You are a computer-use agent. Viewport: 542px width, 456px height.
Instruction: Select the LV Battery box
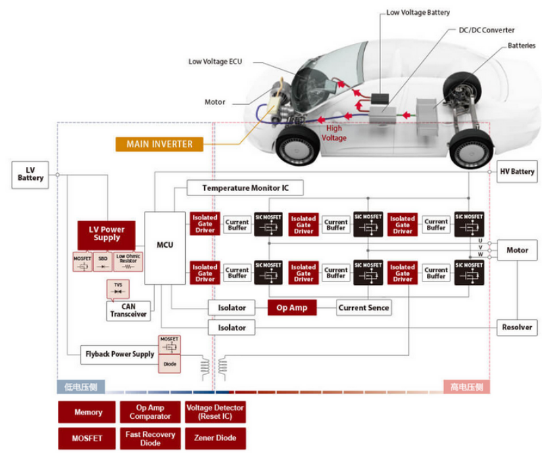(30, 174)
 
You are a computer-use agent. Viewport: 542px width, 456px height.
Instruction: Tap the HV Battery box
(517, 171)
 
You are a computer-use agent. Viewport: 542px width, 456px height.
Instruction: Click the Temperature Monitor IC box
(244, 187)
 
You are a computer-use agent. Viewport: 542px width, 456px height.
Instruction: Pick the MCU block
(165, 245)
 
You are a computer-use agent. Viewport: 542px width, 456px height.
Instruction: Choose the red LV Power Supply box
(106, 234)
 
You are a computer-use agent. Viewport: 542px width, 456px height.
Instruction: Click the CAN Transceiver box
(129, 311)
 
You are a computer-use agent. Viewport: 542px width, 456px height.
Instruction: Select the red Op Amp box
(292, 308)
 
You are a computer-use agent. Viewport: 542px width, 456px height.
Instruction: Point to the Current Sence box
(364, 308)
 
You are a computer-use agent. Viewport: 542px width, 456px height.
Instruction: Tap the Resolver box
(517, 327)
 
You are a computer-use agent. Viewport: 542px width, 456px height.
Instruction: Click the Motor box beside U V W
(517, 250)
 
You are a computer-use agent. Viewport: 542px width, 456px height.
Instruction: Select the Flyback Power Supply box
(120, 354)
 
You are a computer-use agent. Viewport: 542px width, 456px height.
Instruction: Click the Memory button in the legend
(88, 412)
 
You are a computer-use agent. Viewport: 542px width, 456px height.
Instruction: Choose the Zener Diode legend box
(215, 438)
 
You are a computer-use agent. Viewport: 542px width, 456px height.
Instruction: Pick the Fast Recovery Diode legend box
(150, 438)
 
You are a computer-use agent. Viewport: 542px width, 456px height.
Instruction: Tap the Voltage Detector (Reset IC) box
(215, 412)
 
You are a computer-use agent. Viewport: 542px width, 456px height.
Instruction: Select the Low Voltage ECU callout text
(215, 62)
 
